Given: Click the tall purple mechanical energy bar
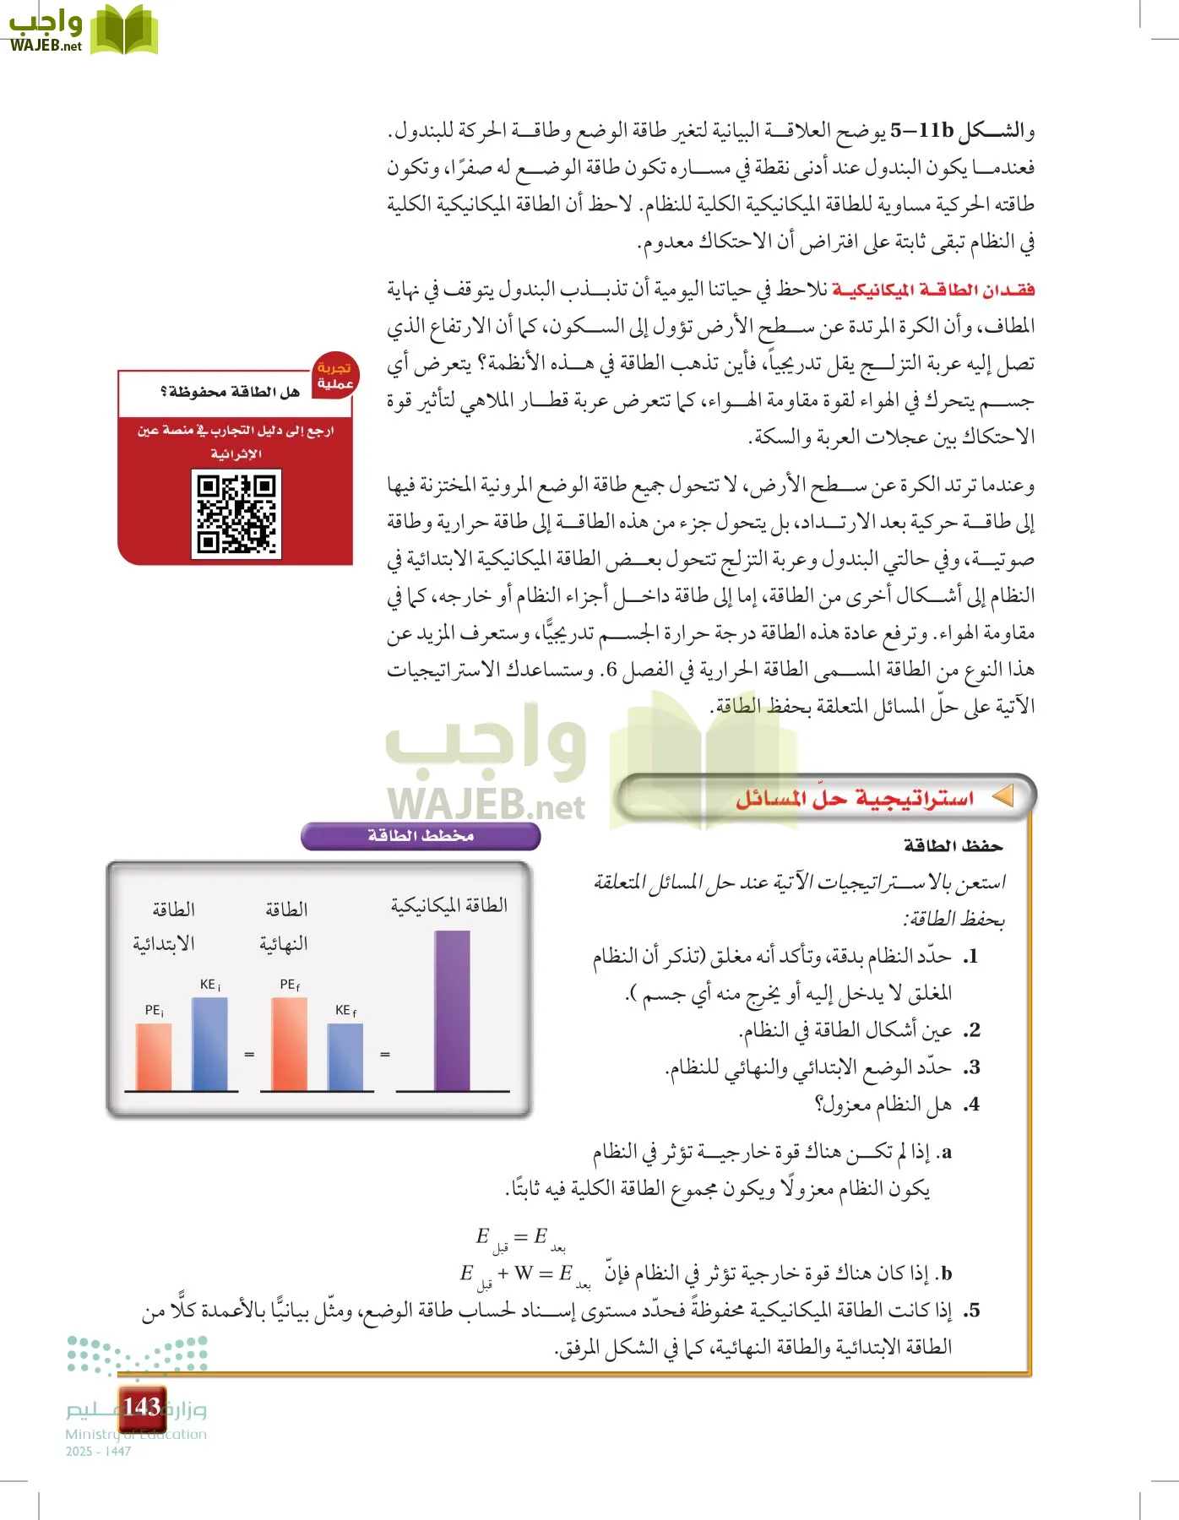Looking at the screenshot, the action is (452, 1011).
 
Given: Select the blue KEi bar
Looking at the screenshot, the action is (209, 1045).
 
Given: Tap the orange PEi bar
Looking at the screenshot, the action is (154, 1057).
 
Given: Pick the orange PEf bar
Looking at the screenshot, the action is (290, 1045).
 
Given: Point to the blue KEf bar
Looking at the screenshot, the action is (345, 1057).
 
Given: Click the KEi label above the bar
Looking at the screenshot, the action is (209, 985).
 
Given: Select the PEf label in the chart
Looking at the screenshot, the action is (290, 985).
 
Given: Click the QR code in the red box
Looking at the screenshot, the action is (236, 514).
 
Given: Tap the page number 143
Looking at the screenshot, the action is (141, 1407).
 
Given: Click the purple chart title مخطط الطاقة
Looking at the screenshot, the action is (421, 836).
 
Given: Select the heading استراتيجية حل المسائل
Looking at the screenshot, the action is (855, 798).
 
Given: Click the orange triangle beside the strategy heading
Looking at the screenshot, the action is (1002, 796).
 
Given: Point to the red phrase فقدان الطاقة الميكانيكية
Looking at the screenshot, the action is (933, 290).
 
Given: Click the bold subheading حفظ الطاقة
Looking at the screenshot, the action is (953, 845).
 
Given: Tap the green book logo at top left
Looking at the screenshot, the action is (124, 30).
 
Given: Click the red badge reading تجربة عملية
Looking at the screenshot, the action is (334, 376).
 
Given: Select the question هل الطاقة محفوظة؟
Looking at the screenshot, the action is (230, 392).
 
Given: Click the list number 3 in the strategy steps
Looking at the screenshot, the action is (973, 1067).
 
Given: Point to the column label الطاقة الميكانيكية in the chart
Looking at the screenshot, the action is (448, 905).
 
